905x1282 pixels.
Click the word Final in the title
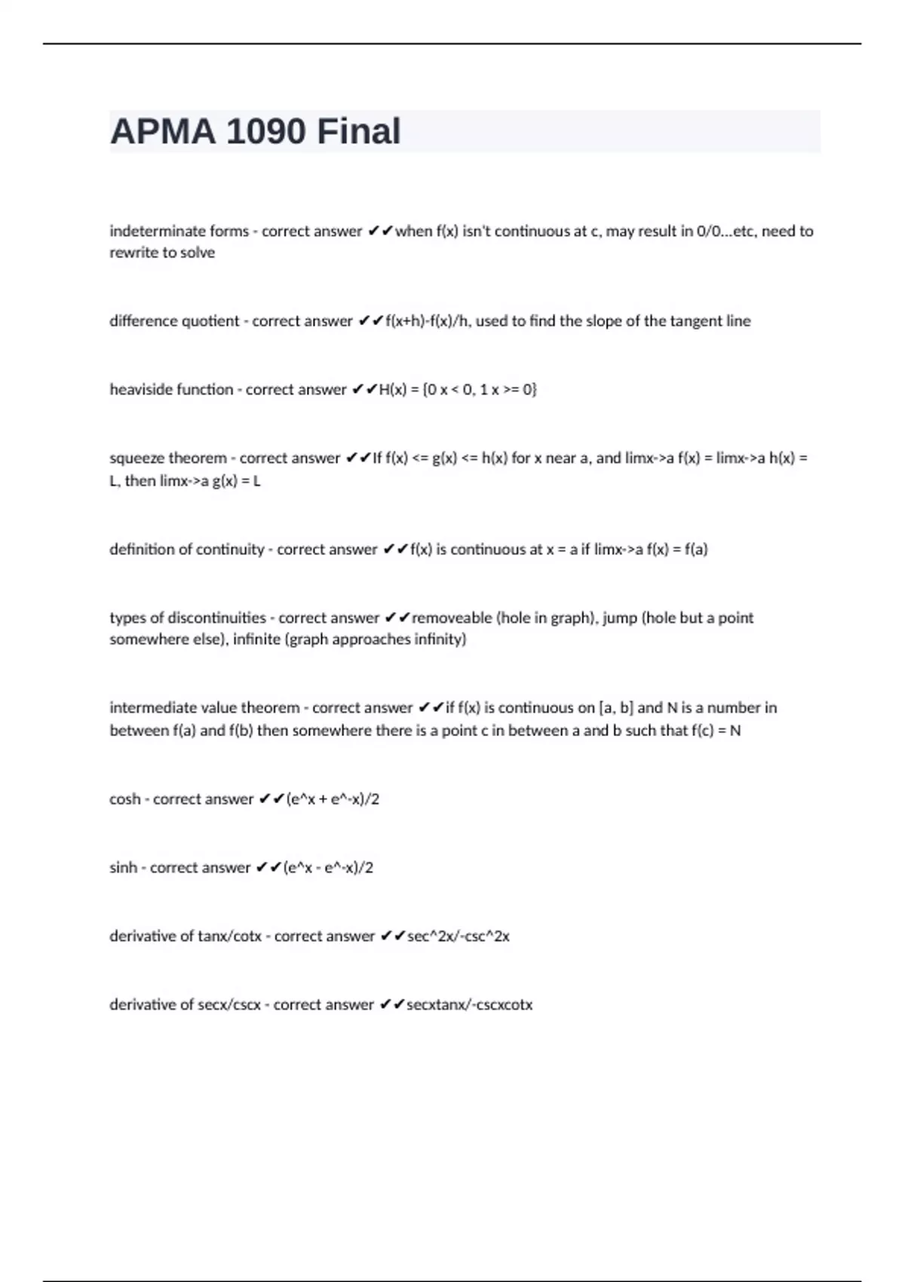(358, 131)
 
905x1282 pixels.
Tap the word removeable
(452, 618)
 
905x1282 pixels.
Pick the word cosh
(124, 799)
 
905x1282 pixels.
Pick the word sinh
(123, 868)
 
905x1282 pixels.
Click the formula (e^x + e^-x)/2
(333, 799)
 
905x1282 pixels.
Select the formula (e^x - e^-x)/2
(328, 868)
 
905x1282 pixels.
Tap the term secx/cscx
(229, 1005)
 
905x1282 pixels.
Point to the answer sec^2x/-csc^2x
(459, 937)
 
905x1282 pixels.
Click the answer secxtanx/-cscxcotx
(469, 1005)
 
